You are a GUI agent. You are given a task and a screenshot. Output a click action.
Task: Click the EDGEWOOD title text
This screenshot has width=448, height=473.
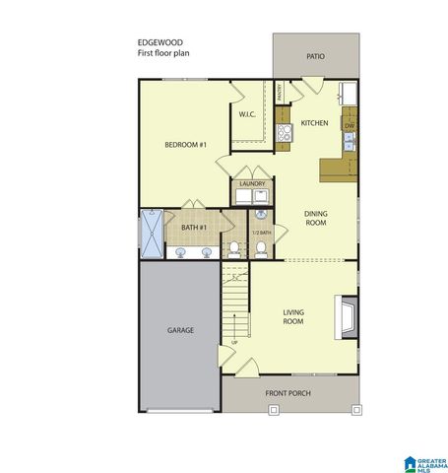pos(159,42)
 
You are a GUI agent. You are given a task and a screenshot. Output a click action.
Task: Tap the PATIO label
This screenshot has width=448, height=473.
pos(315,57)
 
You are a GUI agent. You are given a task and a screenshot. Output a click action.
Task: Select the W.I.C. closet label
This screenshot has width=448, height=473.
pos(247,115)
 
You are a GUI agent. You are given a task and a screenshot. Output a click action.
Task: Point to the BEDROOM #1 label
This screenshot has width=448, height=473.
pos(185,146)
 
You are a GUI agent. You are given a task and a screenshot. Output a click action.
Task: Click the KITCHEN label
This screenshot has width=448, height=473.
pos(314,123)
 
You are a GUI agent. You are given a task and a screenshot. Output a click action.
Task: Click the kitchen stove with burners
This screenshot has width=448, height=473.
pos(285,132)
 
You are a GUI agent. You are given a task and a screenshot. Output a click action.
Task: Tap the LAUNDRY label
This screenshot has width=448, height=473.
pos(252,182)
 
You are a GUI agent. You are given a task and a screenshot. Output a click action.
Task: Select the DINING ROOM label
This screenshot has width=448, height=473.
pos(315,218)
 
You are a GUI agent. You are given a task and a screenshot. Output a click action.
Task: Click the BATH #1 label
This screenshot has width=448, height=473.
pos(193,228)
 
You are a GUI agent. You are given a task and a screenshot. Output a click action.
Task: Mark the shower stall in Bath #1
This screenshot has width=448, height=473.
pos(151,234)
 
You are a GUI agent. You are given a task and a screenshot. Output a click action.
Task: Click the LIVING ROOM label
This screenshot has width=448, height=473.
pos(293,317)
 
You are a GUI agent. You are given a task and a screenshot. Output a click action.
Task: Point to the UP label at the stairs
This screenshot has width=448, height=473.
pos(233,342)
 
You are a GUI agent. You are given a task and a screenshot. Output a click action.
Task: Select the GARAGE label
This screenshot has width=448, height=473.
pos(179,329)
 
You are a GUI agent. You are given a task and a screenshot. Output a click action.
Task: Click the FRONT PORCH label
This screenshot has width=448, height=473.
pos(288,393)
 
